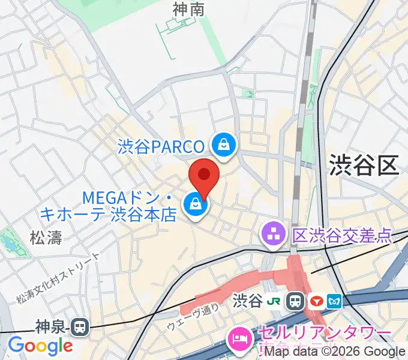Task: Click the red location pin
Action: pos(204,175)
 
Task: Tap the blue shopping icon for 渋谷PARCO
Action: pos(224,145)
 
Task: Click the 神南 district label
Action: pos(188,10)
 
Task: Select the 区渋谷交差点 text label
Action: pos(341,235)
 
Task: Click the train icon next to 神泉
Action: pos(79,327)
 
